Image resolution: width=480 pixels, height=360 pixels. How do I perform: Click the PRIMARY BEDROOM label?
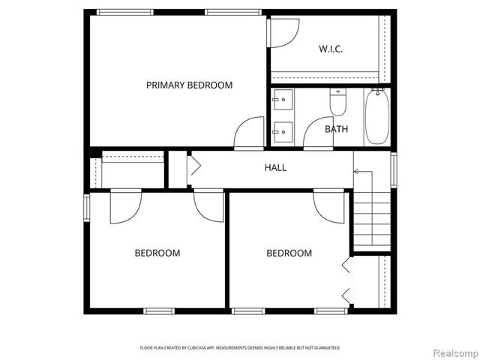click(x=189, y=85)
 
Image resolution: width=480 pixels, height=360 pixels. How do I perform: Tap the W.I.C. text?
click(x=331, y=49)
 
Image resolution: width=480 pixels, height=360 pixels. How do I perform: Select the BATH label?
click(x=336, y=129)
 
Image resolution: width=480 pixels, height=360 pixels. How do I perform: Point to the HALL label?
click(x=275, y=168)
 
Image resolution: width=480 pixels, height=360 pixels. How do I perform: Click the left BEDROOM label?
click(x=157, y=253)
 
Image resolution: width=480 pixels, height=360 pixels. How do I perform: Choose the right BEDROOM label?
click(x=289, y=253)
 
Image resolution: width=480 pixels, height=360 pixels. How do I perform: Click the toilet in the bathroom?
click(x=338, y=102)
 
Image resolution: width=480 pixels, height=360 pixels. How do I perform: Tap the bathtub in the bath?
click(x=377, y=116)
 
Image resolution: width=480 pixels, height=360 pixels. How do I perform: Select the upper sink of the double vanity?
click(x=283, y=99)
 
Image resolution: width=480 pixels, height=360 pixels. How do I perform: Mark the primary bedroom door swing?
click(x=249, y=133)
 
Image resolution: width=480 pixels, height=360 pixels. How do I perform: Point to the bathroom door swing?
click(x=318, y=133)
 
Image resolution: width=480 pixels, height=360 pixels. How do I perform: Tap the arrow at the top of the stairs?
click(x=357, y=172)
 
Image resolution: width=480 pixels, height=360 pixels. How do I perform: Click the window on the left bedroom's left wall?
click(x=87, y=208)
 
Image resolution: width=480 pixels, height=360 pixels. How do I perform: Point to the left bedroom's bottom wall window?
click(x=159, y=310)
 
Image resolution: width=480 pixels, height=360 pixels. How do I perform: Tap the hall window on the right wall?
click(x=394, y=169)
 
